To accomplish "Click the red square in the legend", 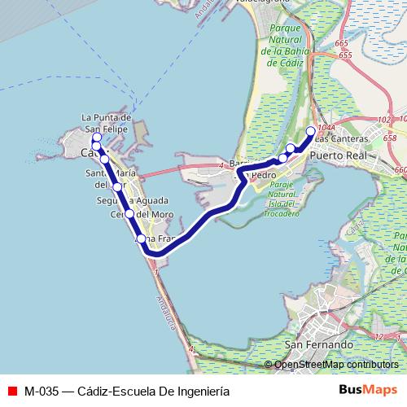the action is pyautogui.click(x=11, y=390).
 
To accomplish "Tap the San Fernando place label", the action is pyautogui.click(x=319, y=345).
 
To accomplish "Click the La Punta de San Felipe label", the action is pyautogui.click(x=107, y=123).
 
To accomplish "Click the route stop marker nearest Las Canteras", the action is pyautogui.click(x=310, y=131).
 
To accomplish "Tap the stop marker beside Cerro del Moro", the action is pyautogui.click(x=129, y=214).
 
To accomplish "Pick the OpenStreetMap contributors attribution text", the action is pyautogui.click(x=335, y=365).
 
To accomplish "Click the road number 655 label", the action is pyautogui.click(x=345, y=55).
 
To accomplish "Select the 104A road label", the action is pyautogui.click(x=326, y=128).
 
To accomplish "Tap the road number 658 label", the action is pyautogui.click(x=390, y=138).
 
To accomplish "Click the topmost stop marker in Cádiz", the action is pyautogui.click(x=96, y=138).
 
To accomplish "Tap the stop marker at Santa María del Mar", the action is pyautogui.click(x=117, y=187).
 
